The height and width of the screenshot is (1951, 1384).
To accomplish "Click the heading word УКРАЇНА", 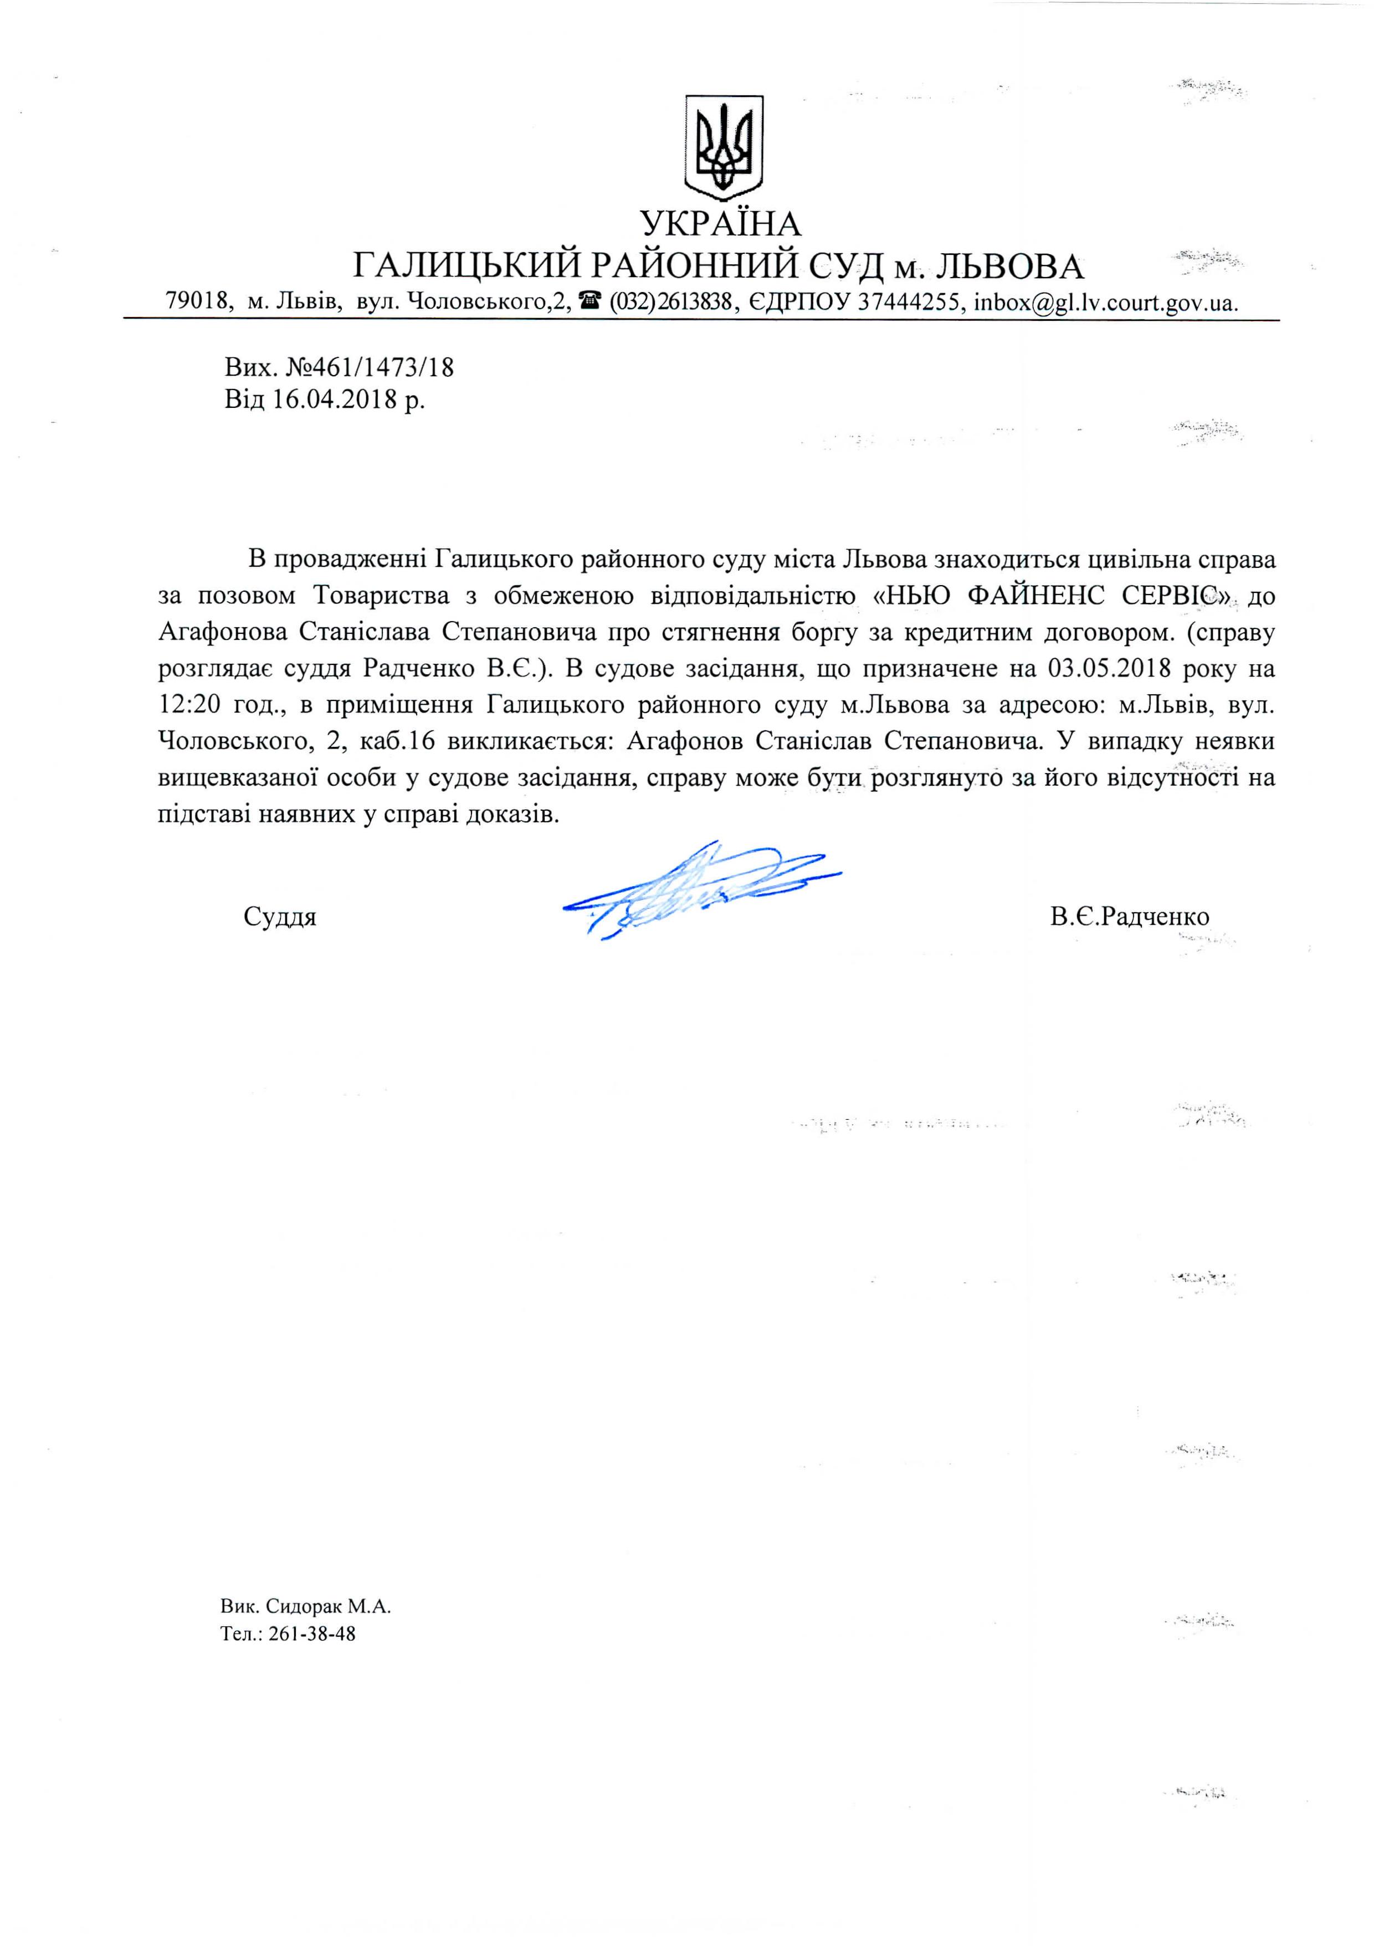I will [721, 224].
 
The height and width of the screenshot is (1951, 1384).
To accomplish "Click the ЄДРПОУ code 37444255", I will [909, 303].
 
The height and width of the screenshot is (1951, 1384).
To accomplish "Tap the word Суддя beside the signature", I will [280, 917].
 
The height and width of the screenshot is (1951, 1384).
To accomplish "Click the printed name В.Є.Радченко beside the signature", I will [1129, 916].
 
